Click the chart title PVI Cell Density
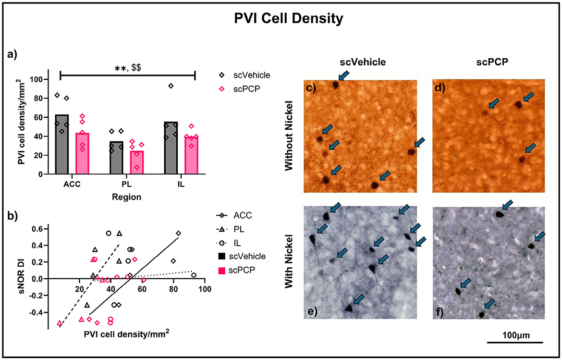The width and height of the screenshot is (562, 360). click(281, 20)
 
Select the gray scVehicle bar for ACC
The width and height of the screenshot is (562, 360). click(62, 144)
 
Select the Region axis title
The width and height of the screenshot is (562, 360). click(127, 197)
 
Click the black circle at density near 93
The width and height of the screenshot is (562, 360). click(194, 275)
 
